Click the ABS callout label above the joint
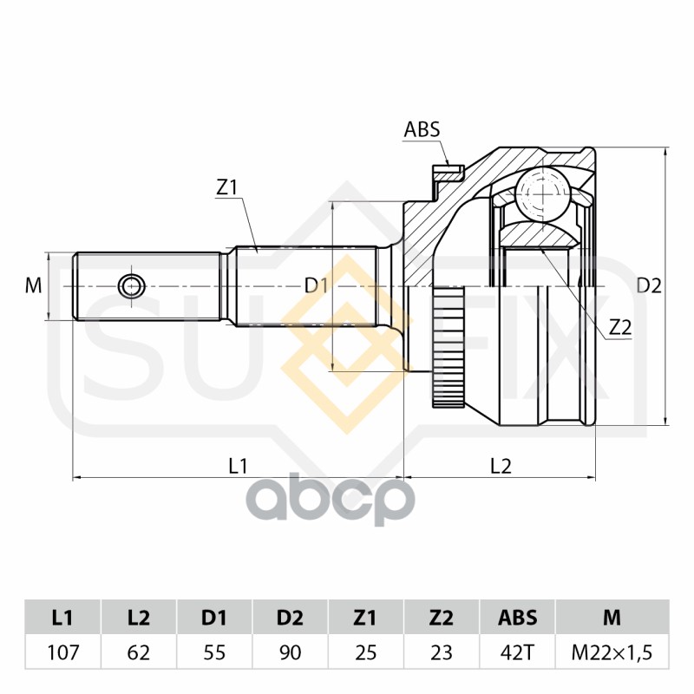tap(422, 130)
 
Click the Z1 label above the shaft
tap(226, 187)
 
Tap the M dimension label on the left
tap(33, 285)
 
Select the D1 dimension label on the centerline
tap(315, 285)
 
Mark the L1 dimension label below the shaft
tap(238, 465)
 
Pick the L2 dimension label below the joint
tap(501, 465)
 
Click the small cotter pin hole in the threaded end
tap(132, 285)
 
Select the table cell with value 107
tap(62, 652)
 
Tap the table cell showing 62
tap(138, 652)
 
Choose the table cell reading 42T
tap(517, 652)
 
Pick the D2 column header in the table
tap(290, 618)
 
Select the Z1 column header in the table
tap(365, 618)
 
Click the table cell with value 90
tap(290, 652)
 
